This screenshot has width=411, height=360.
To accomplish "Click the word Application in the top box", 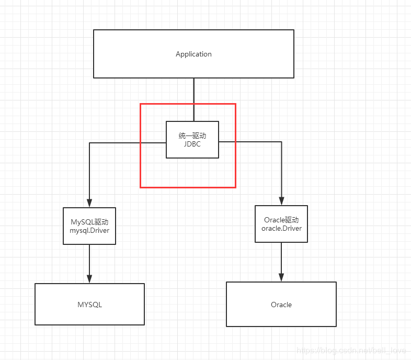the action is click(x=193, y=54).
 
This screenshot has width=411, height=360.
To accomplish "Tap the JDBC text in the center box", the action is click(x=192, y=144).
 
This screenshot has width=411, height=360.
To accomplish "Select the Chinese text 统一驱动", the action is click(x=192, y=136).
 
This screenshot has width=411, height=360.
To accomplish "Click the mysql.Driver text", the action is click(x=89, y=231).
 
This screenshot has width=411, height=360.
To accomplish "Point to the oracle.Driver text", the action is click(x=281, y=228).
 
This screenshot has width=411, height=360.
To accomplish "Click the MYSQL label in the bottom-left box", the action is click(x=89, y=305).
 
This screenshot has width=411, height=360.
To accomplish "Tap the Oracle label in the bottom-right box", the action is click(x=281, y=305).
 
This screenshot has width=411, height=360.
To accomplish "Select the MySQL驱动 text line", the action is click(x=89, y=222).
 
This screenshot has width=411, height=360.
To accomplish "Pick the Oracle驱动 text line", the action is click(x=281, y=220).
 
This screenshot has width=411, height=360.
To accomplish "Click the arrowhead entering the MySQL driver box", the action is click(x=89, y=203).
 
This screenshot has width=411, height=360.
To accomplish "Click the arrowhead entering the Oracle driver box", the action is click(x=281, y=201).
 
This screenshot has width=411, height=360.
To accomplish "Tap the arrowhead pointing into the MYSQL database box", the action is click(x=89, y=279).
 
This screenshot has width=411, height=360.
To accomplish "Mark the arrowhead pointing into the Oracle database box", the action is click(x=281, y=277).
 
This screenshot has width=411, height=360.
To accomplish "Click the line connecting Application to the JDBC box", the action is click(x=194, y=100).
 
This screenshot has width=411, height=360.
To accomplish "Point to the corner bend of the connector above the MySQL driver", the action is click(x=89, y=143).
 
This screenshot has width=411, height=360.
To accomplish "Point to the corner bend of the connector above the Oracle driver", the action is click(x=281, y=142).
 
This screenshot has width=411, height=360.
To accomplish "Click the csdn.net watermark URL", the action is click(x=351, y=350).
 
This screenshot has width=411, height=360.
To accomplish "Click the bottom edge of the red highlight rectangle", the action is click(x=188, y=187).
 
